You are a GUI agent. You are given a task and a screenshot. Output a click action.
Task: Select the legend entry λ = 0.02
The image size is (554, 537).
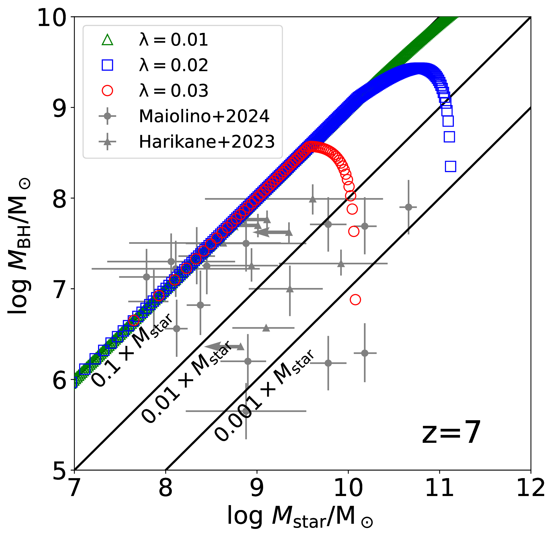pos(173,65)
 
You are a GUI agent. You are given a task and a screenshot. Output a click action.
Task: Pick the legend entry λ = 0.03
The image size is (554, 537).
pos(173,91)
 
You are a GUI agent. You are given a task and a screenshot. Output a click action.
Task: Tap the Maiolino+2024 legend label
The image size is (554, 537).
pos(204,116)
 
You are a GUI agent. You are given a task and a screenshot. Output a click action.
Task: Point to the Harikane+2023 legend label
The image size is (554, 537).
pos(207,142)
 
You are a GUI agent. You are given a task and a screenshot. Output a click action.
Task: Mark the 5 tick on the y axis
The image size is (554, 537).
pos(60,470)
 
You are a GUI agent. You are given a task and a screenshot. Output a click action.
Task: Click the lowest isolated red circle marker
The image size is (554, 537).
pos(355,300)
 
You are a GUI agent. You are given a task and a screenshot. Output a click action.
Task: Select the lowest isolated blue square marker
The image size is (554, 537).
pos(450,166)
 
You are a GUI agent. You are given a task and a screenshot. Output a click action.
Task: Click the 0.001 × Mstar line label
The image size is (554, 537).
pos(264,395)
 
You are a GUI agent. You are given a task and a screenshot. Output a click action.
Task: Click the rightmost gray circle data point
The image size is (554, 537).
pos(408,207)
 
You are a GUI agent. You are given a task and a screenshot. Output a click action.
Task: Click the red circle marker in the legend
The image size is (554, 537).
pos(108,91)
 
